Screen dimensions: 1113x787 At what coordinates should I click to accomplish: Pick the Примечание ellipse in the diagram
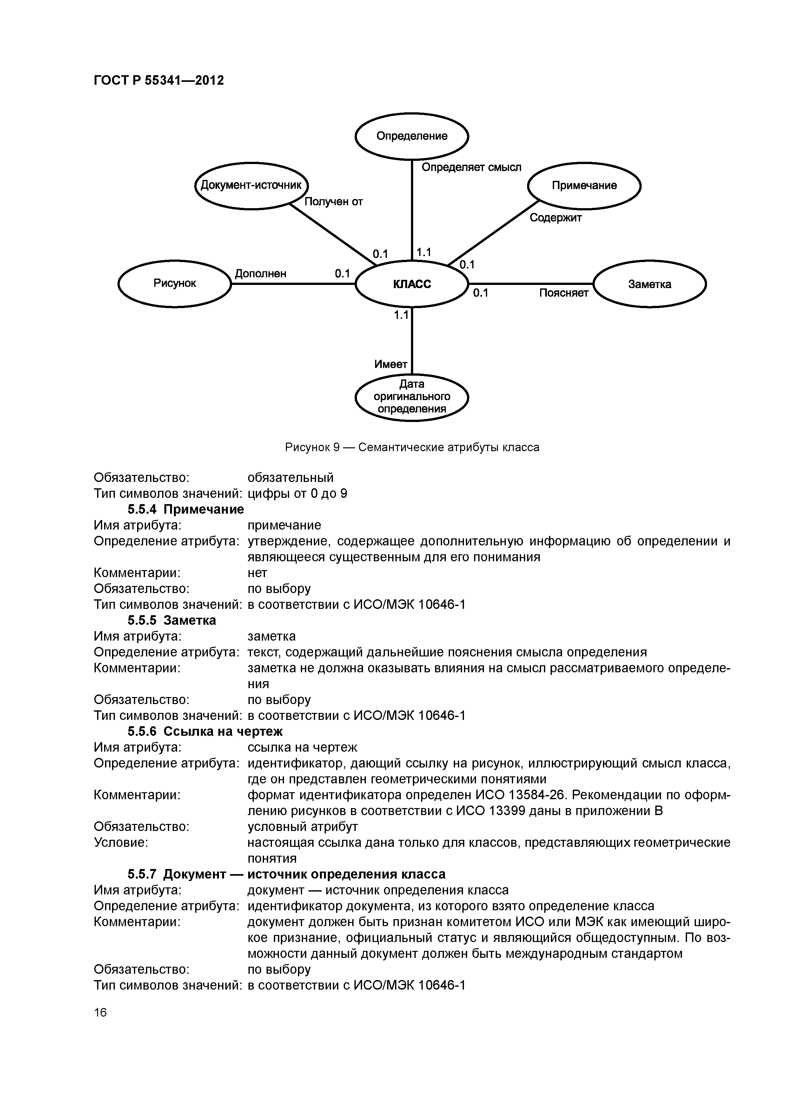pos(584,186)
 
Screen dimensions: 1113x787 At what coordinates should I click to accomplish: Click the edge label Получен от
pos(333,202)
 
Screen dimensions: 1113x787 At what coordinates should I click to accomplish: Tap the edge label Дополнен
pos(261,274)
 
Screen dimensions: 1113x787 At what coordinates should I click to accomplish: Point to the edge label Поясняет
pos(564,293)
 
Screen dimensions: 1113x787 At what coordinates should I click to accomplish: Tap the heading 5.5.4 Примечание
pos(186,510)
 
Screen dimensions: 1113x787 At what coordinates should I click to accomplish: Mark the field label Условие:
pos(121,842)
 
